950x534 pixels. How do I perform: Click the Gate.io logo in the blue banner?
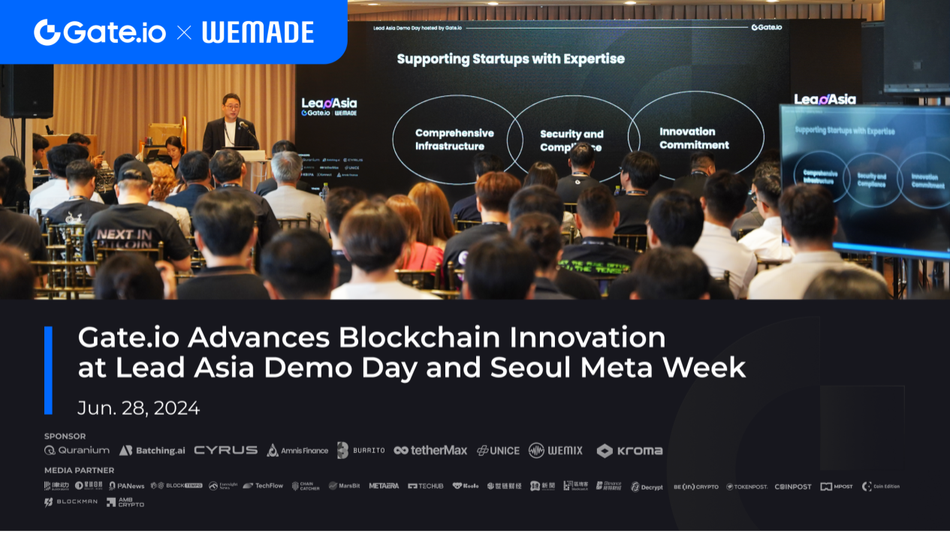99,32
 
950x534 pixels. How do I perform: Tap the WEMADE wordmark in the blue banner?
258,32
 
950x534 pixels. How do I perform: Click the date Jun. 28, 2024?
139,408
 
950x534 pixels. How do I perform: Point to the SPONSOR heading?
65,436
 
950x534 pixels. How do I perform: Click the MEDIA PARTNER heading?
79,470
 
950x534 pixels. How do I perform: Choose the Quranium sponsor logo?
77,451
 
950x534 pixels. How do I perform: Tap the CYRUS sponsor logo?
225,451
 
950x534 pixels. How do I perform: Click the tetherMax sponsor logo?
430,451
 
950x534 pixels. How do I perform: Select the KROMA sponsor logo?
629,451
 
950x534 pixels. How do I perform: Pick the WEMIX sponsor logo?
556,451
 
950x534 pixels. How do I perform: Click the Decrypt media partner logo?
647,487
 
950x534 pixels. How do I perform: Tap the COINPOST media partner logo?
793,487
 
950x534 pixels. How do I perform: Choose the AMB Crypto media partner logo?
125,502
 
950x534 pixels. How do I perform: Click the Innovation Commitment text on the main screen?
694,138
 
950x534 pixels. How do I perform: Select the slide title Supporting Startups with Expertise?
511,59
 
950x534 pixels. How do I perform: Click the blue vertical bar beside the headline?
48,370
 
